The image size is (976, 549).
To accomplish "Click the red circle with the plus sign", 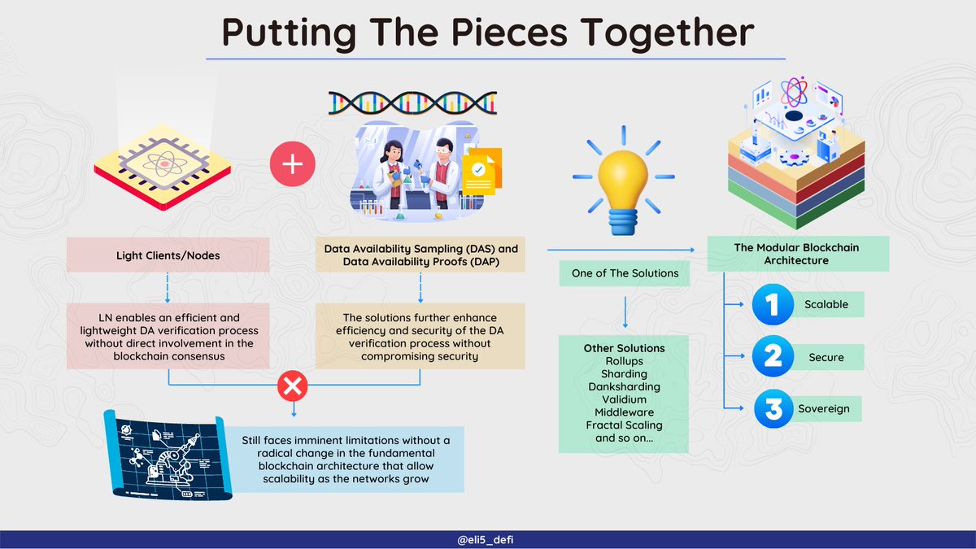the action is click(292, 163).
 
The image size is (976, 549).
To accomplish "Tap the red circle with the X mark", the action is click(292, 387).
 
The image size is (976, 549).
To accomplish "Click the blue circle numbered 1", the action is click(771, 304).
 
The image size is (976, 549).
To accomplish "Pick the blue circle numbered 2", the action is click(771, 357).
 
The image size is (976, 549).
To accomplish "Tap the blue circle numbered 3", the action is click(771, 408).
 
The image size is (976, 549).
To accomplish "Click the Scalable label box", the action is click(826, 304).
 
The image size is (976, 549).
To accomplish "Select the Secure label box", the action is click(826, 357).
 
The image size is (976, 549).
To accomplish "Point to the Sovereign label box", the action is click(826, 408).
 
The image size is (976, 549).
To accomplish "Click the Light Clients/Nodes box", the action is click(168, 255).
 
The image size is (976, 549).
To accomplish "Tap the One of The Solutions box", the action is click(625, 273).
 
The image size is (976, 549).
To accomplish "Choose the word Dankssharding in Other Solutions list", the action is click(624, 386).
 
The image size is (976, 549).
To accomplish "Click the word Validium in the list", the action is click(624, 399).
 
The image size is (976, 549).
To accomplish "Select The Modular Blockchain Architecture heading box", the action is click(797, 254).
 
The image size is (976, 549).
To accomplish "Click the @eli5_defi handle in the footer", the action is click(488, 538).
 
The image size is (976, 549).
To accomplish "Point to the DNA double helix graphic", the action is click(412, 102).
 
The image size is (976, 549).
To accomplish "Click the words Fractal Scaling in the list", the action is click(624, 425).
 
